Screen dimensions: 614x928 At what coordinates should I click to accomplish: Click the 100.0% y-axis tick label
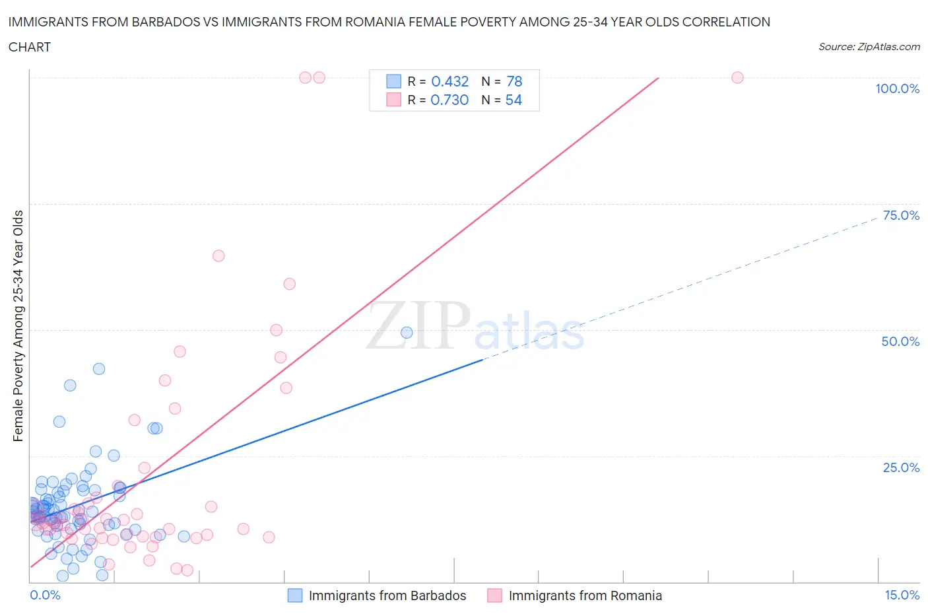coord(897,88)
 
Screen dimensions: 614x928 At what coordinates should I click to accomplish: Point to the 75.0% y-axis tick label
coord(901,215)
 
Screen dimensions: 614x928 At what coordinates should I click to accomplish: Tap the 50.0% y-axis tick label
coord(900,341)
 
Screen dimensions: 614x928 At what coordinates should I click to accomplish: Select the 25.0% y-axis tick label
coord(901,467)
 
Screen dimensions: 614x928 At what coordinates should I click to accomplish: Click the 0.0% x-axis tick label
coord(46,595)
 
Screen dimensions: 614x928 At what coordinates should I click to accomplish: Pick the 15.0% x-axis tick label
coord(902,595)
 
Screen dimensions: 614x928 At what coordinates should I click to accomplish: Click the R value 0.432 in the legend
coord(449,81)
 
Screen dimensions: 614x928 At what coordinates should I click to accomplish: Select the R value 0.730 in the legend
coord(449,100)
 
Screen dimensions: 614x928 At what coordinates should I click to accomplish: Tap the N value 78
coord(514,81)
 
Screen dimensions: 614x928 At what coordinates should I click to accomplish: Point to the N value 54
coord(514,100)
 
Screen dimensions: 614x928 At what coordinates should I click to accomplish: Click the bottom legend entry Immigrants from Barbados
coord(387,596)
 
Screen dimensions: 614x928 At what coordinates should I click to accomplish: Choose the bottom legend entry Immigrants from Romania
coord(585,596)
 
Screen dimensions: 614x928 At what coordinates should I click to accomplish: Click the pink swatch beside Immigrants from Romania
coord(494,596)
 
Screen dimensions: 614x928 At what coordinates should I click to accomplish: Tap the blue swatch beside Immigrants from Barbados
coord(295,596)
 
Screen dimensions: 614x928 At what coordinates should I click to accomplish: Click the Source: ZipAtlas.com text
coord(869,46)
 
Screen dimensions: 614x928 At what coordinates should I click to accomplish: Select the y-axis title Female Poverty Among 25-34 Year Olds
coord(18,325)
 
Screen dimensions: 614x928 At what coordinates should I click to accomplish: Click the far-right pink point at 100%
coord(737,77)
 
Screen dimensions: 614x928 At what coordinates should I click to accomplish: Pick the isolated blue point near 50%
coord(407,333)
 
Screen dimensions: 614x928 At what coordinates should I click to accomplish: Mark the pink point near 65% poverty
coord(218,256)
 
